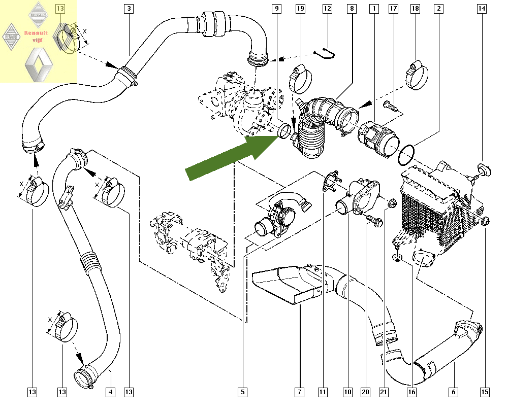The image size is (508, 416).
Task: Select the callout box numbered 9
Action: coord(276,8)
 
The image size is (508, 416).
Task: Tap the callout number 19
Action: coord(300,8)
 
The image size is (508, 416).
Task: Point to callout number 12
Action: coord(327,8)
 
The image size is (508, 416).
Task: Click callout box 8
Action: coord(352,8)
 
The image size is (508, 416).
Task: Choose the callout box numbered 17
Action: coord(393,8)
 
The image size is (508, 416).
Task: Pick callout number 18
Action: coord(416,8)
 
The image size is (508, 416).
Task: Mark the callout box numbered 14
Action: coord(482,8)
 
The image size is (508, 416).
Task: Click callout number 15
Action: coord(485,392)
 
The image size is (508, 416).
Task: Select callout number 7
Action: coord(300,392)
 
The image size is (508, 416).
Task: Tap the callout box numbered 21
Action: coord(383,392)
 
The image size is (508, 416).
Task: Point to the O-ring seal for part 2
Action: coord(407,154)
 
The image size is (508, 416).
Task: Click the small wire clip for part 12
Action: coord(325,52)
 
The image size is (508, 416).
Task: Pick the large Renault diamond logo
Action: coord(39,65)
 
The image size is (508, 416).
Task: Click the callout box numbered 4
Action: coord(110,392)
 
